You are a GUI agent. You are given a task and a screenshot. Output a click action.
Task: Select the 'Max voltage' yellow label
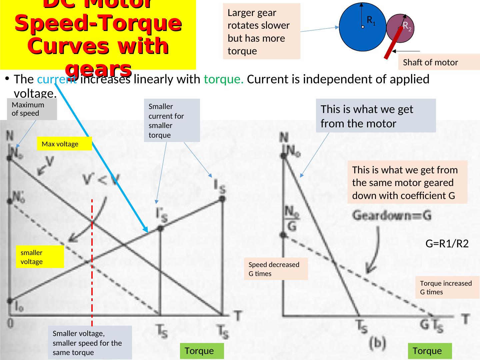pyautogui.click(x=64, y=144)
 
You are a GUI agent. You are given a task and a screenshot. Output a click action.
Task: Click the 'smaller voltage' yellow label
pyautogui.click(x=40, y=257)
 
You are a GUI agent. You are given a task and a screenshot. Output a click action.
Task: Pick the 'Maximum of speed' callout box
pyautogui.click(x=32, y=109)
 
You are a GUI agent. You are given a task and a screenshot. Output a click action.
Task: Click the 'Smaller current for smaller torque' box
pyautogui.click(x=172, y=121)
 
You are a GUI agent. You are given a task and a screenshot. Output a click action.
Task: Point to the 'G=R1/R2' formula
pyautogui.click(x=447, y=244)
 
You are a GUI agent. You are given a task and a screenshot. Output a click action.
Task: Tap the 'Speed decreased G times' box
pyautogui.click(x=276, y=269)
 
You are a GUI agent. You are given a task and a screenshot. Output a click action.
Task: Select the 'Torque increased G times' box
pyautogui.click(x=447, y=287)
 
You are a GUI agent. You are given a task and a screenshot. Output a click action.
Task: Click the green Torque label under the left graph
pyautogui.click(x=201, y=351)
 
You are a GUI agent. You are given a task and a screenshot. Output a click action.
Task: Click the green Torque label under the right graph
pyautogui.click(x=429, y=351)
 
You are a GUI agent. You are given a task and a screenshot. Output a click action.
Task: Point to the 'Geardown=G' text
pyautogui.click(x=392, y=216)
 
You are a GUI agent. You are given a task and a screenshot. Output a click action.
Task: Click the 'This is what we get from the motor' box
pyautogui.click(x=375, y=116)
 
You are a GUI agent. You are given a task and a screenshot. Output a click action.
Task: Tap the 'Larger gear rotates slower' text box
pyautogui.click(x=261, y=32)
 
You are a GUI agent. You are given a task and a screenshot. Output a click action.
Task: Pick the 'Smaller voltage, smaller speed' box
pyautogui.click(x=90, y=343)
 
